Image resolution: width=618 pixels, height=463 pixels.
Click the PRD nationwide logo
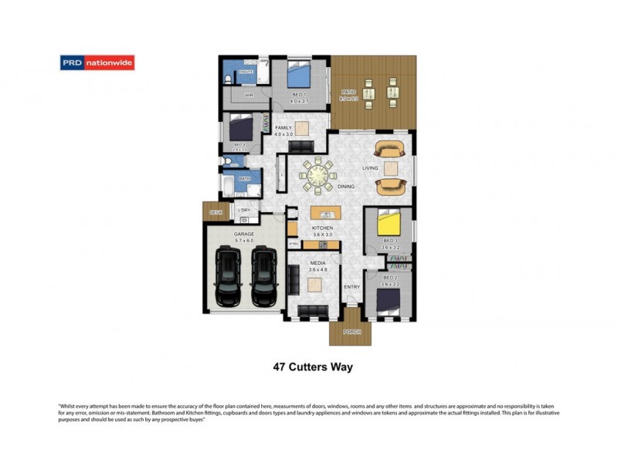pyautogui.click(x=97, y=63)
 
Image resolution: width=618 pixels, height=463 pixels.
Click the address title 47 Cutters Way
pyautogui.click(x=313, y=367)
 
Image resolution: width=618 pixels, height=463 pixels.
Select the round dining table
pyautogui.click(x=317, y=175)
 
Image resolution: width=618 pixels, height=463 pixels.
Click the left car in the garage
pyautogui.click(x=229, y=275)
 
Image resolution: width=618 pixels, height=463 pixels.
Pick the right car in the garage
pyautogui.click(x=263, y=275)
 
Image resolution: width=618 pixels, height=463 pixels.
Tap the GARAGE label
pyautogui.click(x=244, y=234)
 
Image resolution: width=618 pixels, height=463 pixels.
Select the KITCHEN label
pyautogui.click(x=322, y=228)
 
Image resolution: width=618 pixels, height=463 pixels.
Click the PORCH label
pyautogui.click(x=351, y=332)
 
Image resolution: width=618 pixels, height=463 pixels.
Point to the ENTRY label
pyautogui.click(x=352, y=287)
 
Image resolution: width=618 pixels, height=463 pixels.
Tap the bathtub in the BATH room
pyautogui.click(x=229, y=185)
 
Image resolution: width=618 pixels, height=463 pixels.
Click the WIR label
pyautogui.click(x=249, y=95)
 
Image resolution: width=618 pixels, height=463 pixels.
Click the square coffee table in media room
pyautogui.click(x=314, y=286)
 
